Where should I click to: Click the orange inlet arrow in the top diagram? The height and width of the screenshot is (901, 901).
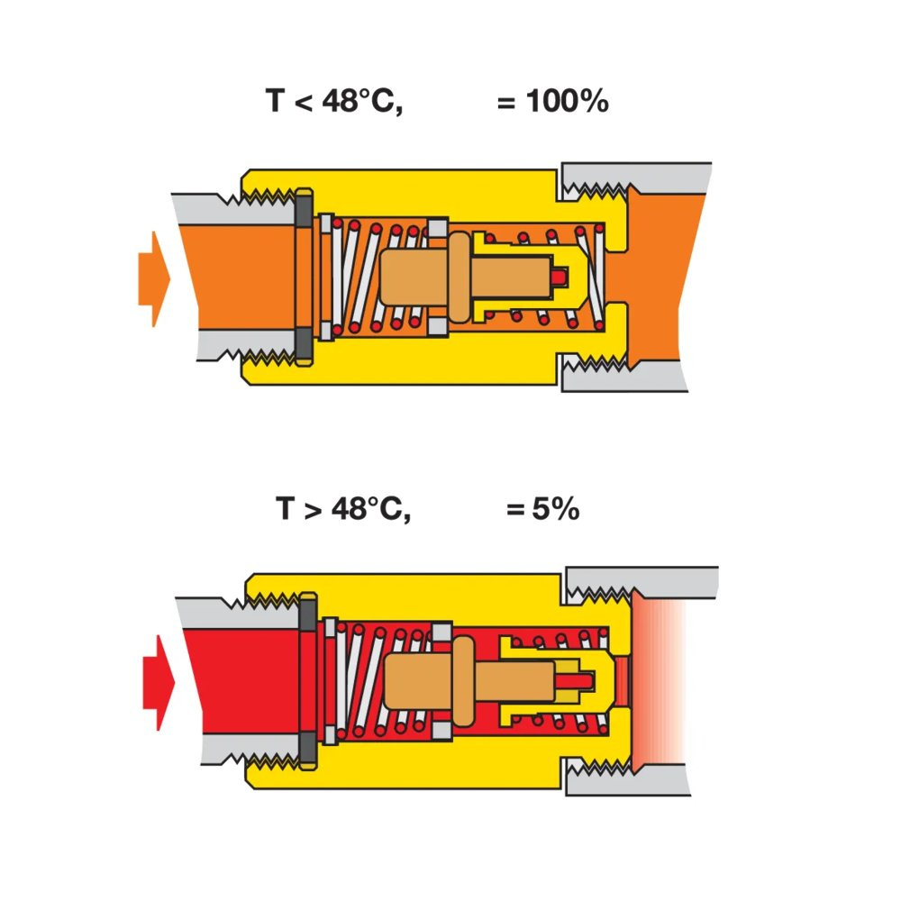[153, 278]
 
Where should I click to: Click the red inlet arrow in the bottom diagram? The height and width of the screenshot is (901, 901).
[158, 682]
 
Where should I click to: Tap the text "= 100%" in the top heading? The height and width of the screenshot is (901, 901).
[552, 102]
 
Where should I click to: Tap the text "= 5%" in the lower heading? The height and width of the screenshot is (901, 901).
[542, 509]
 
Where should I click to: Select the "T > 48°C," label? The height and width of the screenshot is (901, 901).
[343, 509]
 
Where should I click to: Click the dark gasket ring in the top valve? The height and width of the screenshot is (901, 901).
[304, 277]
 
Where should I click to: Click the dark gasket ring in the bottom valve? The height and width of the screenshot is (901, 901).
[307, 682]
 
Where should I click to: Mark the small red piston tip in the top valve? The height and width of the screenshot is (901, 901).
[561, 277]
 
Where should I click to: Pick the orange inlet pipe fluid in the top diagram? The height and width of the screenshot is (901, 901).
[239, 278]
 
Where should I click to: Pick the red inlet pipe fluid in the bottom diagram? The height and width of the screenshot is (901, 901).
[243, 682]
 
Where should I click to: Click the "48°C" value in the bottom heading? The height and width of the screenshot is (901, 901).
[370, 509]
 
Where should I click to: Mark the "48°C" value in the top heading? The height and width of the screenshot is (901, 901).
[362, 102]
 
